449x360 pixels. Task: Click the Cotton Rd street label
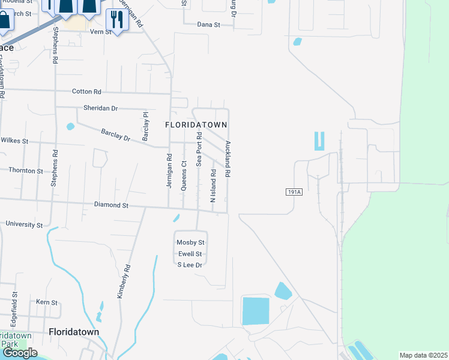point(86,92)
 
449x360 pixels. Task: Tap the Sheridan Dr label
point(100,109)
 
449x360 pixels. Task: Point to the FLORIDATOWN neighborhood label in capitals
point(196,125)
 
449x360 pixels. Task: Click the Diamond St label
point(112,205)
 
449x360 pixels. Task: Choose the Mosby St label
point(190,242)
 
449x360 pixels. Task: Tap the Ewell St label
point(190,253)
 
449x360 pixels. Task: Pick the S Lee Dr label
point(190,264)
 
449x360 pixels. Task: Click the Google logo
point(19,353)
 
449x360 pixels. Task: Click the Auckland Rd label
point(228,158)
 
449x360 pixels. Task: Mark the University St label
point(24,225)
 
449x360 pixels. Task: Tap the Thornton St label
point(26,170)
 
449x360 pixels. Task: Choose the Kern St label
point(46,302)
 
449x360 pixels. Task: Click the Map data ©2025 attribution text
point(423,355)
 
